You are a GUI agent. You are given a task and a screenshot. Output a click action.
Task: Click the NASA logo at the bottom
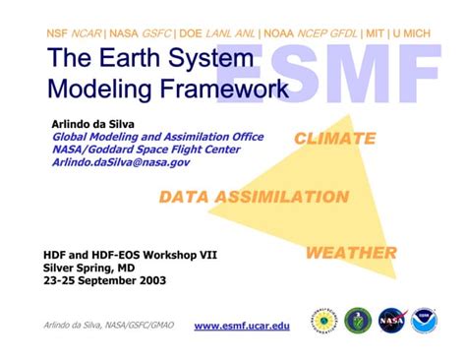point(392,321)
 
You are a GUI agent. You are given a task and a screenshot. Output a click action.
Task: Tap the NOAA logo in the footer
point(425,321)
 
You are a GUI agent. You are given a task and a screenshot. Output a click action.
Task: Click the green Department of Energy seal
point(358,321)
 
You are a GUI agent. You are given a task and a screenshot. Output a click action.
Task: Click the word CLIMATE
point(334,139)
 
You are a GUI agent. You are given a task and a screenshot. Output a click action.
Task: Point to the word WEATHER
point(351,253)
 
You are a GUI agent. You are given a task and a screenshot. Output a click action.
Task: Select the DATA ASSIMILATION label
point(254,196)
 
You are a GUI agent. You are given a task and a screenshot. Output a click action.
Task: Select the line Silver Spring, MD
point(89,267)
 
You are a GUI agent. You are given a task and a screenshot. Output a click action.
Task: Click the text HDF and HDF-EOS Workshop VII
point(130,254)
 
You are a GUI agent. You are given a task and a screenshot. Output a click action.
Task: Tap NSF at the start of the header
point(58,33)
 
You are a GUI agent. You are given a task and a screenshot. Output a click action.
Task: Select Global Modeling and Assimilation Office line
point(157,137)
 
